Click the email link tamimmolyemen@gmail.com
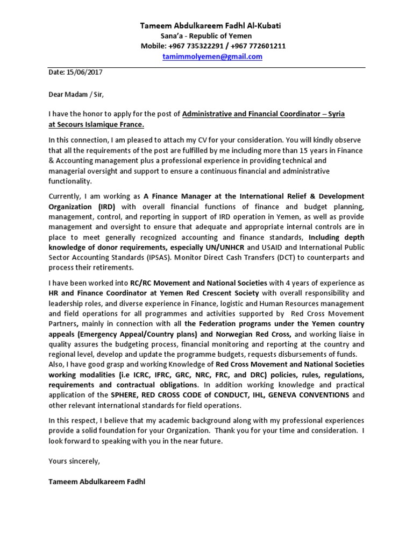pyautogui.click(x=212, y=56)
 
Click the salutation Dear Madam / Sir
pyautogui.click(x=75, y=95)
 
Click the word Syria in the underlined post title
pyautogui.click(x=333, y=114)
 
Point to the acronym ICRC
pyautogui.click(x=143, y=375)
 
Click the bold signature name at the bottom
pyautogui.click(x=97, y=482)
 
